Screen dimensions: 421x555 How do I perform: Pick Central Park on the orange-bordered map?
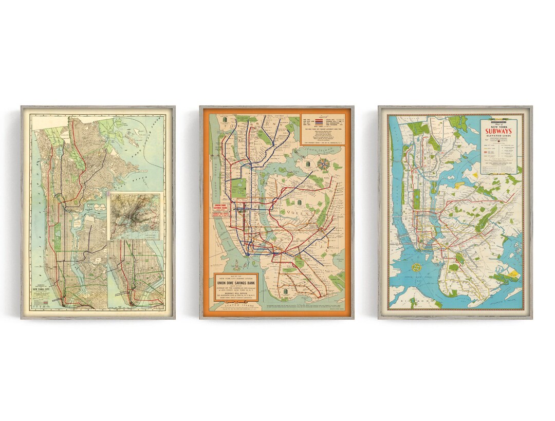coord(239,187)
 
